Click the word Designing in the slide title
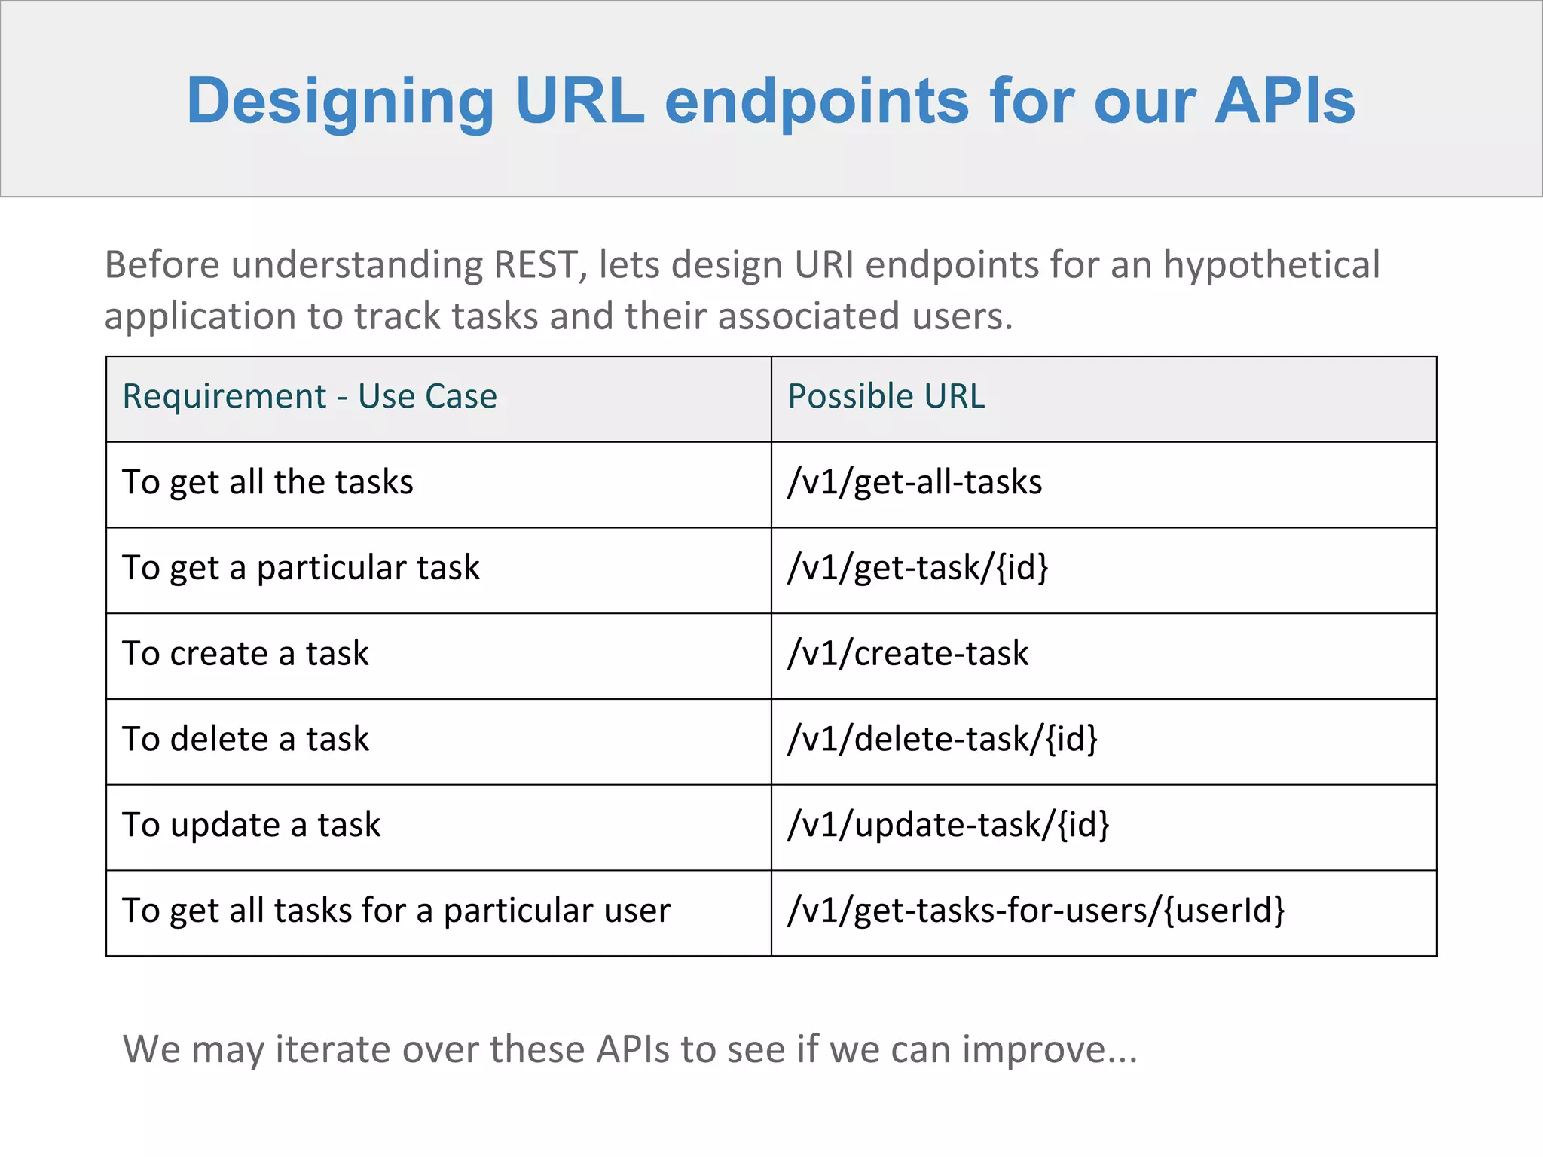(x=340, y=102)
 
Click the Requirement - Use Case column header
(x=310, y=396)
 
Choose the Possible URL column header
(x=886, y=396)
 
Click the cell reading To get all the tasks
(x=267, y=482)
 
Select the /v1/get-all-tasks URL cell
(x=915, y=482)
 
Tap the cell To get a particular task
(x=301, y=568)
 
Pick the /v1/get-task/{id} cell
(x=918, y=568)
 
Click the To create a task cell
(x=246, y=654)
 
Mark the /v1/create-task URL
(x=908, y=654)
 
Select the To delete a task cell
(x=246, y=740)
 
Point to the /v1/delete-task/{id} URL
(x=943, y=740)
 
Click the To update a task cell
(x=252, y=826)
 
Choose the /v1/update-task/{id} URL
(x=949, y=826)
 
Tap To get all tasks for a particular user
(x=396, y=911)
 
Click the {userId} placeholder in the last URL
(x=1224, y=911)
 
